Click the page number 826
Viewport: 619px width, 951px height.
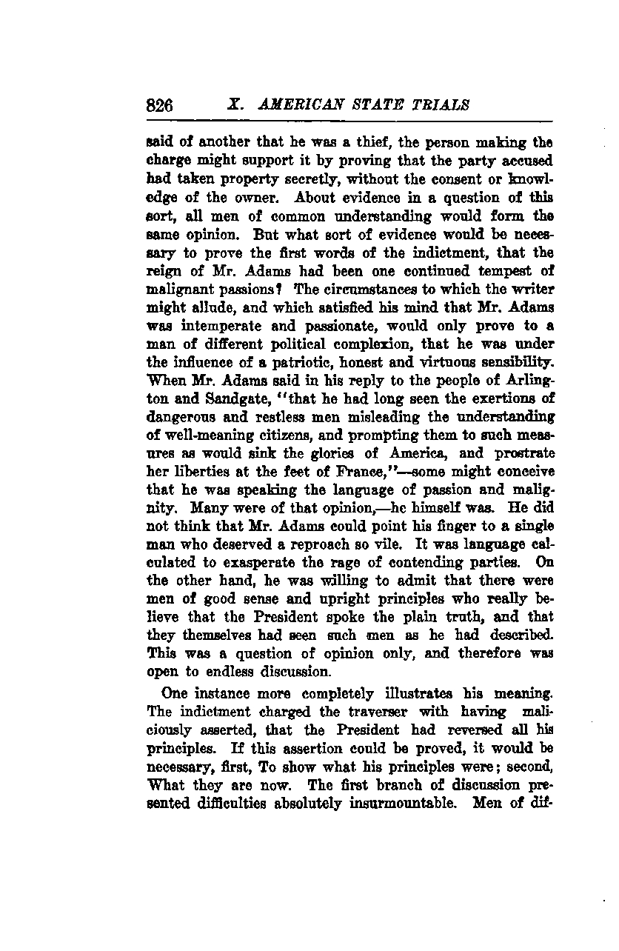[160, 105]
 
